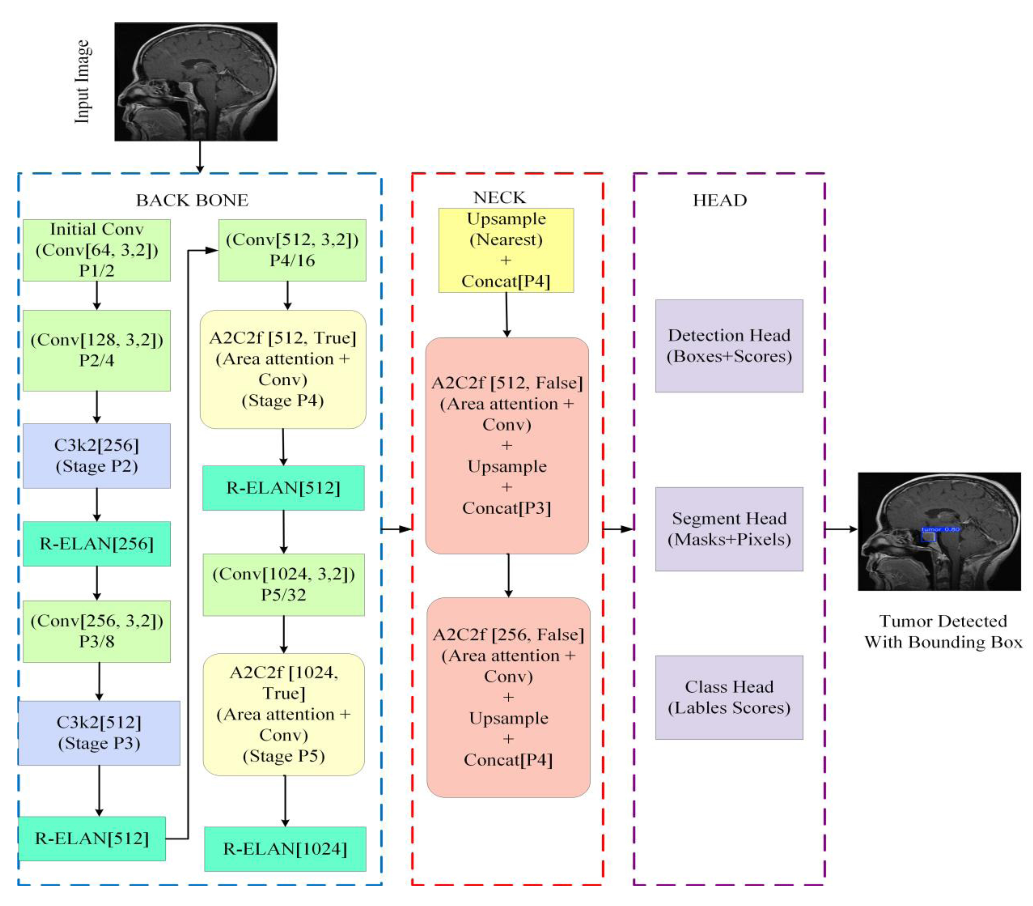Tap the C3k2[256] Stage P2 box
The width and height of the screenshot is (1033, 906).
point(97,456)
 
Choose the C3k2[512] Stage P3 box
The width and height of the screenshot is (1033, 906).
point(99,733)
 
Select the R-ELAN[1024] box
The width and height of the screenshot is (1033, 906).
point(285,849)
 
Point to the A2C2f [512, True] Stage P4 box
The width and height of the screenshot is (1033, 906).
point(283,369)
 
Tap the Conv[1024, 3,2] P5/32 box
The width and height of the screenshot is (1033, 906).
point(284,584)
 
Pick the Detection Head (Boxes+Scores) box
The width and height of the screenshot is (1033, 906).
point(729,346)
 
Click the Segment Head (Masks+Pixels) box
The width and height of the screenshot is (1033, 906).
point(729,529)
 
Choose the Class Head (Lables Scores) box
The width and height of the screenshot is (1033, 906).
point(729,697)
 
